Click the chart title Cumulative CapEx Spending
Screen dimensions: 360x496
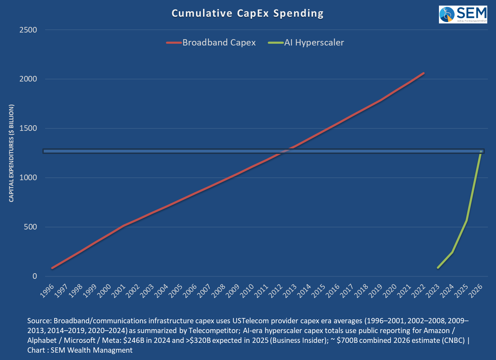[247, 13]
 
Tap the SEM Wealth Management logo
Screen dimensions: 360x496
[463, 14]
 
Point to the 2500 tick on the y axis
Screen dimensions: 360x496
[28, 30]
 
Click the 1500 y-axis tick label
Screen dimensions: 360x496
[28, 128]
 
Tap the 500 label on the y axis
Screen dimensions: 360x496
[30, 227]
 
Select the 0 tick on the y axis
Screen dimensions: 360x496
[35, 276]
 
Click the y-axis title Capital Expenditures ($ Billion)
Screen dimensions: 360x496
[12, 153]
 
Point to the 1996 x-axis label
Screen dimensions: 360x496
[48, 291]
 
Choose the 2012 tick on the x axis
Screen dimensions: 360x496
[276, 291]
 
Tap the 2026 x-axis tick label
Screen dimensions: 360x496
[476, 291]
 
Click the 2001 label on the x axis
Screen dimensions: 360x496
[119, 291]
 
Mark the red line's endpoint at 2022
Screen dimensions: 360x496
[424, 73]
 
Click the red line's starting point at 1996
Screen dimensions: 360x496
[52, 268]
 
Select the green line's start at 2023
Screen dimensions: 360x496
[438, 268]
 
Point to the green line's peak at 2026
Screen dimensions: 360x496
[481, 151]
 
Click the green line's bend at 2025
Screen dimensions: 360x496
[467, 220]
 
